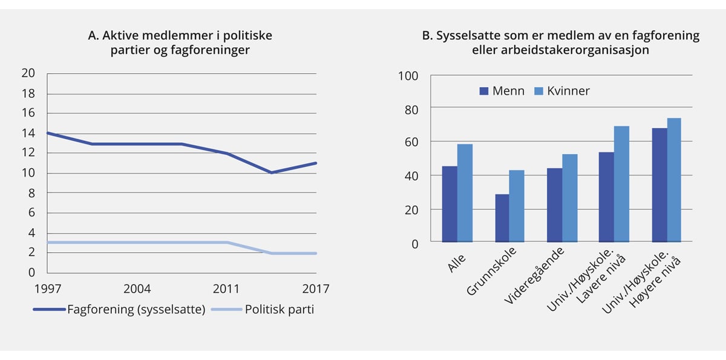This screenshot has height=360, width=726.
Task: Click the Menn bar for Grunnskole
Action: click(502, 218)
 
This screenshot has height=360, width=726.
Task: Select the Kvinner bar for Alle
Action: click(465, 193)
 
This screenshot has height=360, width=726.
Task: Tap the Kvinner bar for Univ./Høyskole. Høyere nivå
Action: click(674, 180)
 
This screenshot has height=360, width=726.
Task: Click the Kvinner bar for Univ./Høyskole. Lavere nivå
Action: click(622, 184)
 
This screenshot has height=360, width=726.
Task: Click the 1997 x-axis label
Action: click(47, 289)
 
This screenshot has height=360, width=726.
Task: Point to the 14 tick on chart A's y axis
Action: click(28, 133)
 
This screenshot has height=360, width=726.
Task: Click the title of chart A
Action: click(180, 42)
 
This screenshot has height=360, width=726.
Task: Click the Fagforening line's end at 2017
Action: click(316, 163)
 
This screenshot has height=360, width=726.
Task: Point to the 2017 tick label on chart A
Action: click(316, 289)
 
